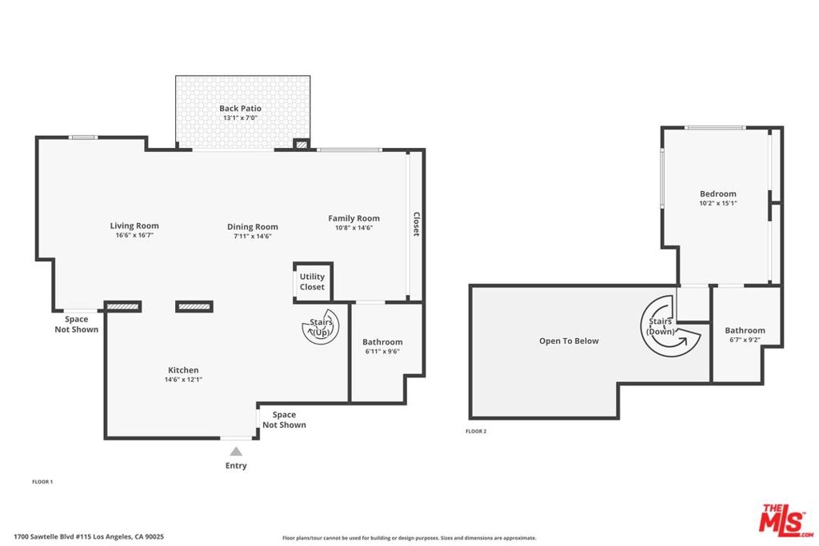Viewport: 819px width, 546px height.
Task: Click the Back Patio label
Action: pyautogui.click(x=240, y=108)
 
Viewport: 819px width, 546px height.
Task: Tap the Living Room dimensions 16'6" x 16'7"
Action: pyautogui.click(x=134, y=235)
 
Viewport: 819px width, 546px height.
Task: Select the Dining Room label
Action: pyautogui.click(x=252, y=227)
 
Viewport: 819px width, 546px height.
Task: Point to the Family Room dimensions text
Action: pyautogui.click(x=354, y=228)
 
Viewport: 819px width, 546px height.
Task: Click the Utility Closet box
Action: pyautogui.click(x=313, y=282)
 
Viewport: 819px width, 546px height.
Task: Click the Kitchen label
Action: pyautogui.click(x=183, y=370)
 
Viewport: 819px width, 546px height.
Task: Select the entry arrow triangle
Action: pyautogui.click(x=236, y=451)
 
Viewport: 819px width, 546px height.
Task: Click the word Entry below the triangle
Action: pyautogui.click(x=236, y=465)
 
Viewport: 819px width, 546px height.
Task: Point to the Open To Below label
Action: pyautogui.click(x=569, y=341)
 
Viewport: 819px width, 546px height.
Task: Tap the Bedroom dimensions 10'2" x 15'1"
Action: pyautogui.click(x=718, y=203)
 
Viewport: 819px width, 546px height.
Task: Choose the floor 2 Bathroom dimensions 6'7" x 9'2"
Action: pyautogui.click(x=745, y=340)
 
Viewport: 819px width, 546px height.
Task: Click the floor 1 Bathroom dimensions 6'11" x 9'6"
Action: pyautogui.click(x=382, y=351)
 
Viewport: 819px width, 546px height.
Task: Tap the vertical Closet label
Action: pyautogui.click(x=416, y=224)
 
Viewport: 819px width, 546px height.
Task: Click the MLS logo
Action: pyautogui.click(x=786, y=520)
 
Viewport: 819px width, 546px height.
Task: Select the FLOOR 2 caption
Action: pyautogui.click(x=476, y=431)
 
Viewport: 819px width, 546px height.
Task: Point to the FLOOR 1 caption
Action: pyautogui.click(x=42, y=482)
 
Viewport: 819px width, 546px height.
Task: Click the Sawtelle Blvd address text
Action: pyautogui.click(x=89, y=536)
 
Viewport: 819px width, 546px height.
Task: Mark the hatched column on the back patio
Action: pyautogui.click(x=302, y=145)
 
